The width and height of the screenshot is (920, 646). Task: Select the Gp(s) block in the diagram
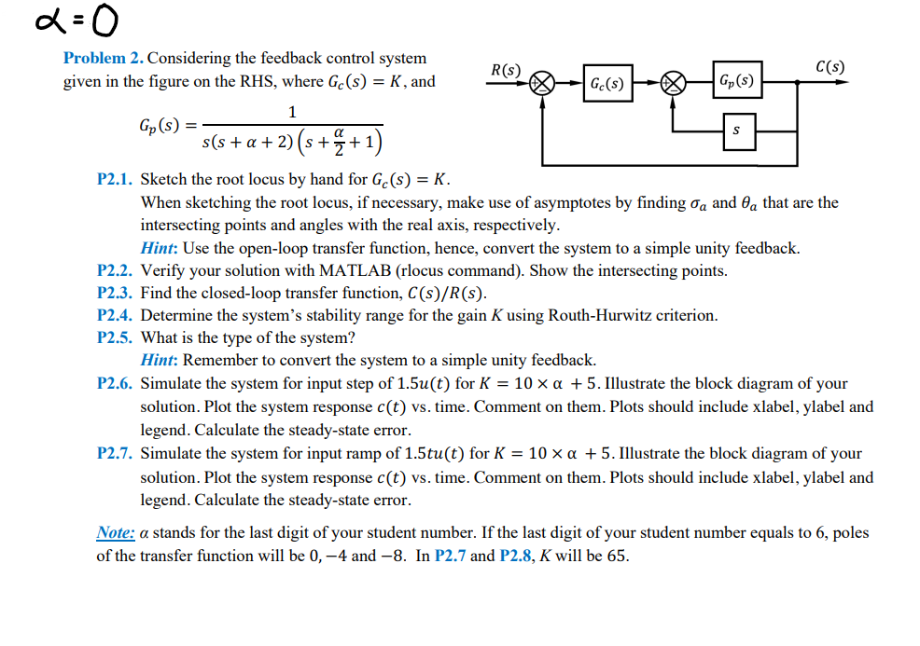(734, 82)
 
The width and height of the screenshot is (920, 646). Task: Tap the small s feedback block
(736, 131)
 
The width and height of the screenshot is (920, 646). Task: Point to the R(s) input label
(506, 70)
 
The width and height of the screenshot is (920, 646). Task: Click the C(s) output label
(829, 67)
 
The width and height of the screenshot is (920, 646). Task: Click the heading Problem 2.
(103, 58)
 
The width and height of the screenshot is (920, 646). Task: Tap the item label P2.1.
(116, 179)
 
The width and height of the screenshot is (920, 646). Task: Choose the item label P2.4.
(116, 315)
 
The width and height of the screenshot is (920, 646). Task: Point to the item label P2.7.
(116, 454)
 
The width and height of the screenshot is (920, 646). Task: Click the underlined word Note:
(116, 533)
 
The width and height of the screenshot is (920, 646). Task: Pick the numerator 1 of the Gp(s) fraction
(292, 113)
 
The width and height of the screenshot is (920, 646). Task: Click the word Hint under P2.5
(159, 360)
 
